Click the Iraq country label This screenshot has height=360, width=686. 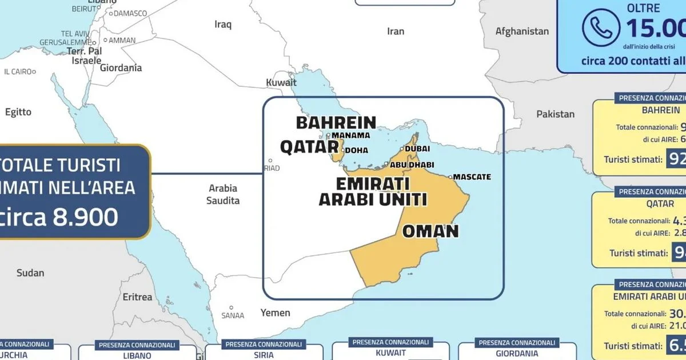[223, 24]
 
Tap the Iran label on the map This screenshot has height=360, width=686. [396, 31]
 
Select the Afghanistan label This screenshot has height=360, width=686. [522, 31]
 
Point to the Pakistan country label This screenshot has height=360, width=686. [555, 114]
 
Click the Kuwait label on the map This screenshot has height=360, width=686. [281, 83]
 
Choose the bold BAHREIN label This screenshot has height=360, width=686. [336, 122]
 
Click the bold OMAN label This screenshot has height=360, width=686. [430, 231]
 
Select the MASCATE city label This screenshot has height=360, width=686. [472, 177]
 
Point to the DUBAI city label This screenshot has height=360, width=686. [417, 149]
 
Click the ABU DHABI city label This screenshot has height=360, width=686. [409, 165]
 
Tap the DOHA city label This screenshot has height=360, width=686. [356, 150]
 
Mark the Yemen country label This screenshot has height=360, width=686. [275, 313]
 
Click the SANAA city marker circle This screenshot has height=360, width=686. [231, 308]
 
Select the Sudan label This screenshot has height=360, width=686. [30, 273]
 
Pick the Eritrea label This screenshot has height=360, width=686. [138, 297]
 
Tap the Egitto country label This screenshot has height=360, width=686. [18, 112]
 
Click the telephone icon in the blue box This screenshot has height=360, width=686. [600, 27]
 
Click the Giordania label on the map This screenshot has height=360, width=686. [121, 68]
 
